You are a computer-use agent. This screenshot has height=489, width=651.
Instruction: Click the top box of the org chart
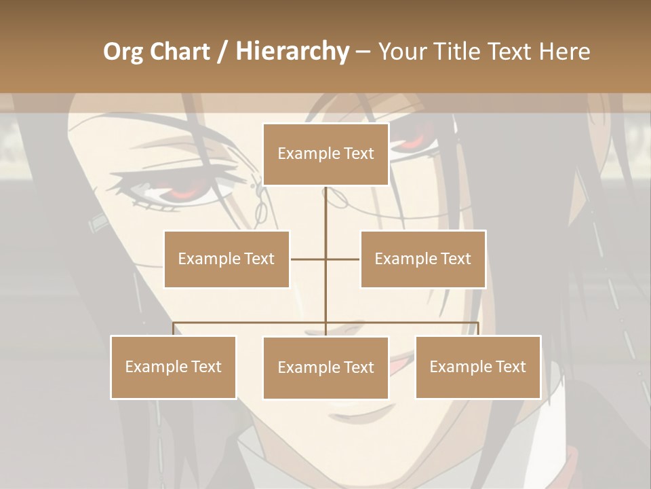pos(325,154)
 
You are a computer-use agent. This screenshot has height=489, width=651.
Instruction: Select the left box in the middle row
pos(226,259)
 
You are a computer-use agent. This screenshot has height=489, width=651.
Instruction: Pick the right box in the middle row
pos(422,259)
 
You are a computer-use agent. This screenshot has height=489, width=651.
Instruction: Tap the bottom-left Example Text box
pos(174,367)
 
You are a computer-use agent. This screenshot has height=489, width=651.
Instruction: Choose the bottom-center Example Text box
pos(325,367)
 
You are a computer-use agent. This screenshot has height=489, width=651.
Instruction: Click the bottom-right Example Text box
pos(477,367)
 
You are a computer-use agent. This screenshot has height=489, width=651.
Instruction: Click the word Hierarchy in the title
pos(292,52)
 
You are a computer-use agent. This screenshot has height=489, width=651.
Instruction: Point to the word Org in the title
pos(123,52)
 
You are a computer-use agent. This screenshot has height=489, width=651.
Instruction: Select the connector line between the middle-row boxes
pos(325,259)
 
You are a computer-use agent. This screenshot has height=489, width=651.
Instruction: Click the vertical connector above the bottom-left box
pos(174,329)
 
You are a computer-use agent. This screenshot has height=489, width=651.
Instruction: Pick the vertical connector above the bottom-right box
pos(478,329)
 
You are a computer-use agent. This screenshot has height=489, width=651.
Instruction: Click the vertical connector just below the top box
pos(325,204)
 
